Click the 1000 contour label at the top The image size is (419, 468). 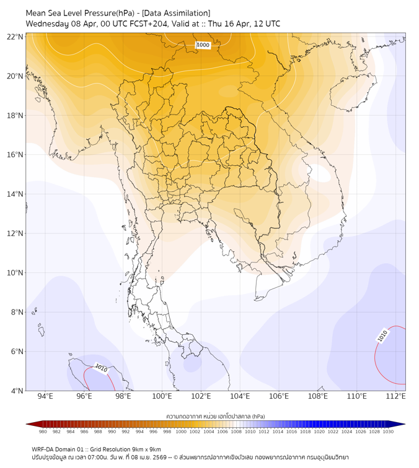pos(203,45)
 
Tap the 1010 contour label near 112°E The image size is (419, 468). pos(382,336)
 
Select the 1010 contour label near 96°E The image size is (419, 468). pos(100,368)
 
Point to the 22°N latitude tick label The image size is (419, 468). pos(15,37)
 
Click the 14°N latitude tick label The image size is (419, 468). pos(15,194)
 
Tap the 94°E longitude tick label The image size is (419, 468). pos(45,396)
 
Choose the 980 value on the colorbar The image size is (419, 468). pos(43,431)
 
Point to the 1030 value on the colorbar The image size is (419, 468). pos(388,431)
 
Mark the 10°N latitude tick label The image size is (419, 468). pos(15,273)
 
